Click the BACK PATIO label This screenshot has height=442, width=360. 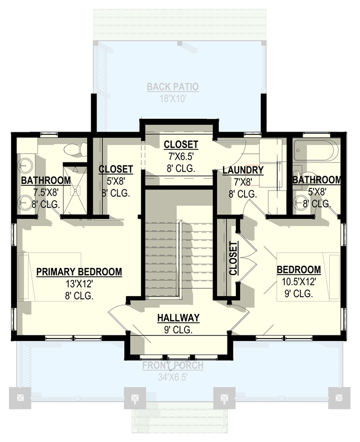[172, 87]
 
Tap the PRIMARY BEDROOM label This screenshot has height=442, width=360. [79, 271]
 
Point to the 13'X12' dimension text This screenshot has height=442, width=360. [79, 284]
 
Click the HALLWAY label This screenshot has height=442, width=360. [178, 318]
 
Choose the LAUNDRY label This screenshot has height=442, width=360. [242, 170]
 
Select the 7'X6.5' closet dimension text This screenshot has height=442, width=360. [180, 157]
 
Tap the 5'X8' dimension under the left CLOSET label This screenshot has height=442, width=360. [115, 181]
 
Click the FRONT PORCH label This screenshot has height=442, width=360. [173, 366]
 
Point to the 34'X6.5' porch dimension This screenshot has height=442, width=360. [173, 377]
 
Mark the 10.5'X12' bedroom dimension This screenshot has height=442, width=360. [299, 282]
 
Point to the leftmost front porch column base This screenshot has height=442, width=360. [20, 397]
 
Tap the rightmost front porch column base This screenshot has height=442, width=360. [338, 397]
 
